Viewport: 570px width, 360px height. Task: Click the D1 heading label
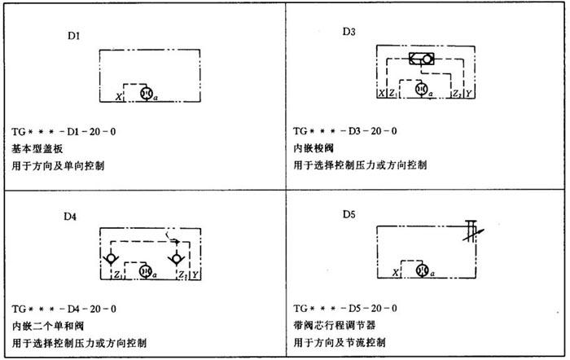click(x=73, y=36)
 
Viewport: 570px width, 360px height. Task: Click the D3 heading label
click(x=349, y=32)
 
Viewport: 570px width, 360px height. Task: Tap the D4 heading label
click(x=70, y=217)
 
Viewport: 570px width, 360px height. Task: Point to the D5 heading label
click(x=349, y=214)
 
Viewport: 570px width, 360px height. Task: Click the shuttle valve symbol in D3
click(x=421, y=59)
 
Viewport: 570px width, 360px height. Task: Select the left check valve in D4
click(x=111, y=259)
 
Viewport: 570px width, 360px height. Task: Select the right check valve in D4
click(x=177, y=259)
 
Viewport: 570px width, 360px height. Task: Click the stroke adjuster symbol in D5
click(x=472, y=231)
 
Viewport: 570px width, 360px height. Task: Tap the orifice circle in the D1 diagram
click(x=147, y=94)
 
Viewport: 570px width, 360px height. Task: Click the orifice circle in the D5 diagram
click(x=422, y=270)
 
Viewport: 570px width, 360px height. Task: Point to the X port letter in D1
click(x=119, y=97)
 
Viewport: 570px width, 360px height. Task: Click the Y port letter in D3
click(x=468, y=94)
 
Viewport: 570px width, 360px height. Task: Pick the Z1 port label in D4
click(x=118, y=275)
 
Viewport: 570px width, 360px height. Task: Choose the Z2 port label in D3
click(x=457, y=94)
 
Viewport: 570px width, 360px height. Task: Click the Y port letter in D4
click(x=195, y=275)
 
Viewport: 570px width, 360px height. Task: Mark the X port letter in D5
click(x=396, y=272)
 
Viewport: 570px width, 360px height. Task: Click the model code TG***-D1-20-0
click(x=64, y=131)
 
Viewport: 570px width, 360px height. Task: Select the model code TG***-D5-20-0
click(x=345, y=309)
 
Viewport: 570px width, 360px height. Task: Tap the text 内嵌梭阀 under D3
click(x=313, y=148)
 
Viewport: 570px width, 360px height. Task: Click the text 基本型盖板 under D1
click(x=37, y=148)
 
